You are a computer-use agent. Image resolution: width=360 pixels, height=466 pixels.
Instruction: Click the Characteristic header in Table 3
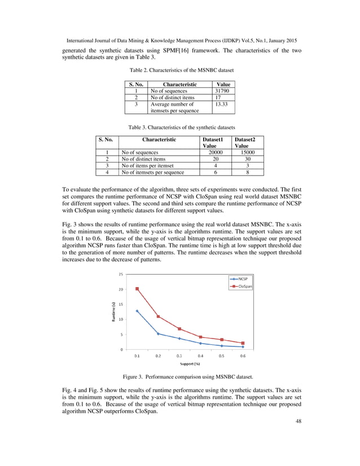[159, 139]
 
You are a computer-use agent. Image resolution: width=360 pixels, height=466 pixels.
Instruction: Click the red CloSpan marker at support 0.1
[137, 289]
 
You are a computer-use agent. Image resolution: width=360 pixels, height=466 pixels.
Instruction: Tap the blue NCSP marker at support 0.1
[137, 311]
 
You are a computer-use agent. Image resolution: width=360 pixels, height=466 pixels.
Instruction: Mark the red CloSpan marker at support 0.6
[243, 343]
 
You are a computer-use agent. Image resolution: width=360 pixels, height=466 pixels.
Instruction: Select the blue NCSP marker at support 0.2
[158, 333]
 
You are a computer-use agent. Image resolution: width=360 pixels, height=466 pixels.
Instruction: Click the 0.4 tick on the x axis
[200, 356]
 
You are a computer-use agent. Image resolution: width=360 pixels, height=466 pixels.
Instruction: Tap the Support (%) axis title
[190, 364]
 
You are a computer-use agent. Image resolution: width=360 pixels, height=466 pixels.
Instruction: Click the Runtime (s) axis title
[113, 312]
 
